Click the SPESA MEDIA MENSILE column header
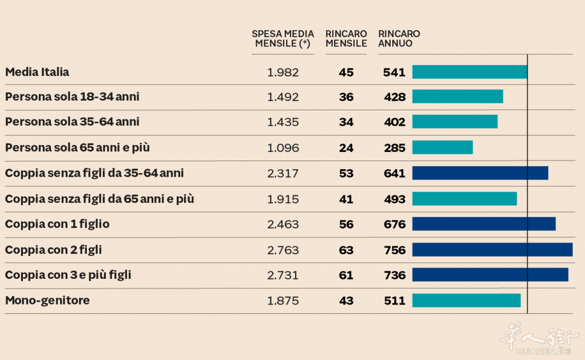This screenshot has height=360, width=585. [x=282, y=39]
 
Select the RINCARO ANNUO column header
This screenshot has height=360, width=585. [x=399, y=39]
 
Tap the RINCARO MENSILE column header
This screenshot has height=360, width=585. [x=346, y=39]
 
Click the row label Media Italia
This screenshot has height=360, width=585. [x=37, y=72]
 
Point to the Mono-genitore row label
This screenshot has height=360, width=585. [x=47, y=300]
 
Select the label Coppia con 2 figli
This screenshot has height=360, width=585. [x=53, y=250]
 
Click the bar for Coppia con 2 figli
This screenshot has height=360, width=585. [x=492, y=250]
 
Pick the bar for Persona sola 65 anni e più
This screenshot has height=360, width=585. [x=442, y=147]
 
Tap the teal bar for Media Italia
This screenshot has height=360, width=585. [x=469, y=72]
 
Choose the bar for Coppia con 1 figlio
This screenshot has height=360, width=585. [x=483, y=224]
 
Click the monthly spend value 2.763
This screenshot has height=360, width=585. [x=282, y=250]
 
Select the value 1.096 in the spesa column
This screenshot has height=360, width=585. [x=282, y=147]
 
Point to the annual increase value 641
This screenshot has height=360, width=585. [x=395, y=173]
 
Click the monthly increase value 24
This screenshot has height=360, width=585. [x=346, y=147]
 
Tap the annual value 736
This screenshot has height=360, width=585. [x=395, y=275]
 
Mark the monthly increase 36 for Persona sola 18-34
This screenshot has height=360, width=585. [x=346, y=97]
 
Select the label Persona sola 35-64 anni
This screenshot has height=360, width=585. [x=72, y=122]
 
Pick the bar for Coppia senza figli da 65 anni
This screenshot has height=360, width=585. [x=464, y=198]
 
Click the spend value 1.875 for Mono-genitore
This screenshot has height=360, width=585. [x=282, y=300]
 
